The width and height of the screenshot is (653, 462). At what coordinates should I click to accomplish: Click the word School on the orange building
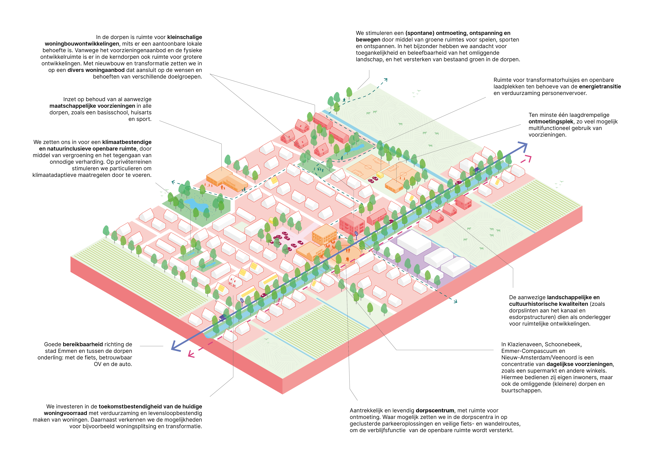point(231,183)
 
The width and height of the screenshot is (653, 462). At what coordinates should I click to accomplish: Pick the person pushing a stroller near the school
point(244,189)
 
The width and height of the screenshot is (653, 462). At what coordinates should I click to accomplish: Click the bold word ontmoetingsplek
point(551,121)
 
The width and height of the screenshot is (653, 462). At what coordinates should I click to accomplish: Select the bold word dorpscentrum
point(435,411)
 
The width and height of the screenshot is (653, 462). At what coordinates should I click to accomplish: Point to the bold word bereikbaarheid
point(83,345)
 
